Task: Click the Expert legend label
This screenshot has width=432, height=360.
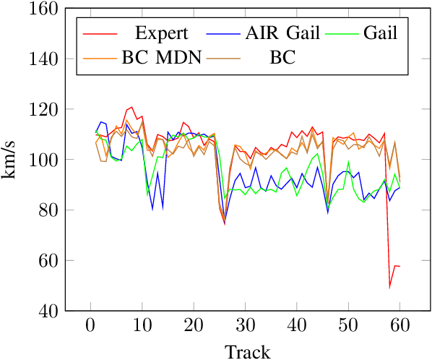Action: tap(161, 33)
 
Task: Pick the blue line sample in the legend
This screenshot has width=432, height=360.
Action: tap(223, 33)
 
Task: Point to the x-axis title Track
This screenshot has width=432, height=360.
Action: tap(248, 351)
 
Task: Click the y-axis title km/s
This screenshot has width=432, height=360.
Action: tap(13, 160)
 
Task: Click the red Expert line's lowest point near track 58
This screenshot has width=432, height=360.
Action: tap(390, 287)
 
